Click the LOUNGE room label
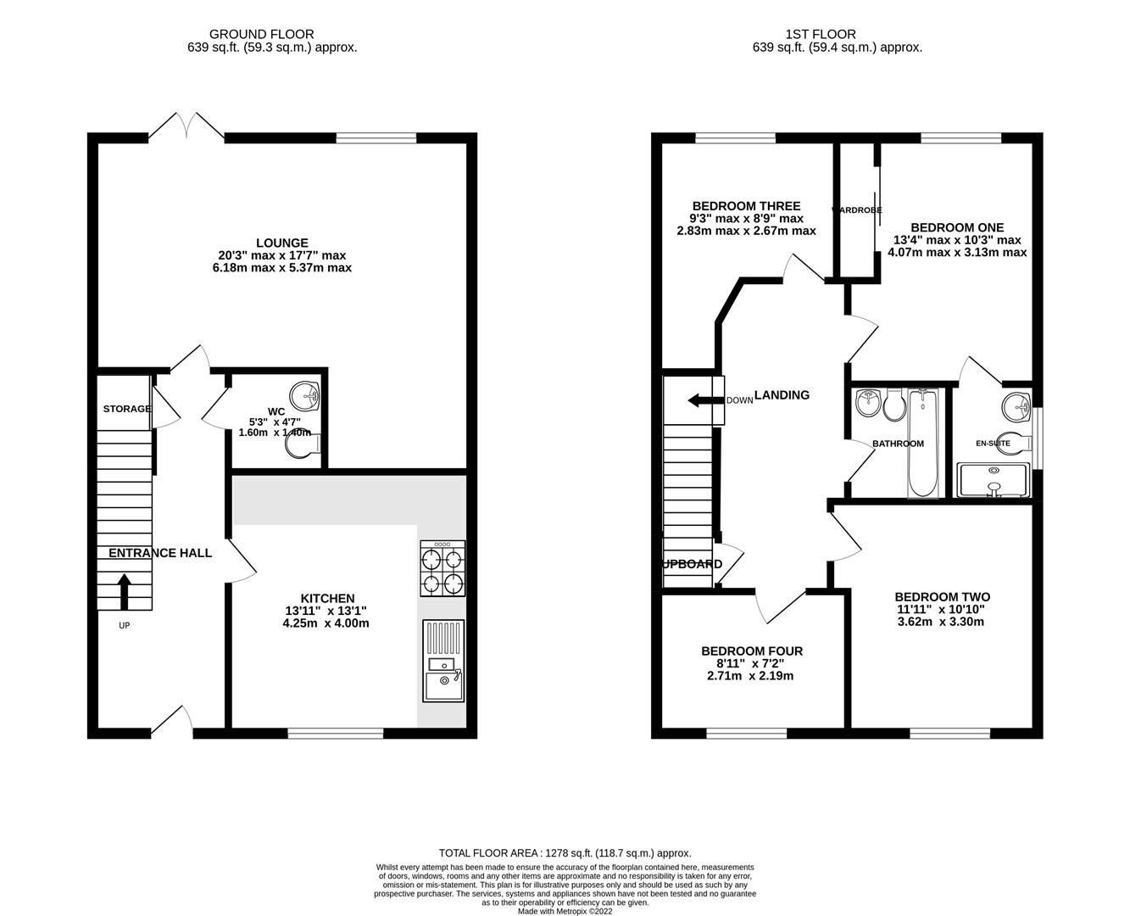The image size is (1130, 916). tap(282, 243)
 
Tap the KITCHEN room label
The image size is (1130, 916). tap(326, 598)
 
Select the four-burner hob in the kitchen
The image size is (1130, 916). tap(442, 568)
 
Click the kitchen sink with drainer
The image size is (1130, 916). tap(443, 661)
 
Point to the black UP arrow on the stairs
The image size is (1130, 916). tap(124, 592)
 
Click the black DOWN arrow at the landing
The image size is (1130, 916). tap(699, 400)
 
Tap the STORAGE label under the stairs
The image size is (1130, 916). tap(127, 409)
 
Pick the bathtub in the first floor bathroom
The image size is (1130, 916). tap(921, 443)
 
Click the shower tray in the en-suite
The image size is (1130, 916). tap(993, 480)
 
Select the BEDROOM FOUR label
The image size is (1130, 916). tap(751, 651)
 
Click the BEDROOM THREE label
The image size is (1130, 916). tap(746, 206)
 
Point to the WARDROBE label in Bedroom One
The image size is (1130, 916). tap(857, 209)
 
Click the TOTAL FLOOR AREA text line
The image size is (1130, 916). tap(565, 852)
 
